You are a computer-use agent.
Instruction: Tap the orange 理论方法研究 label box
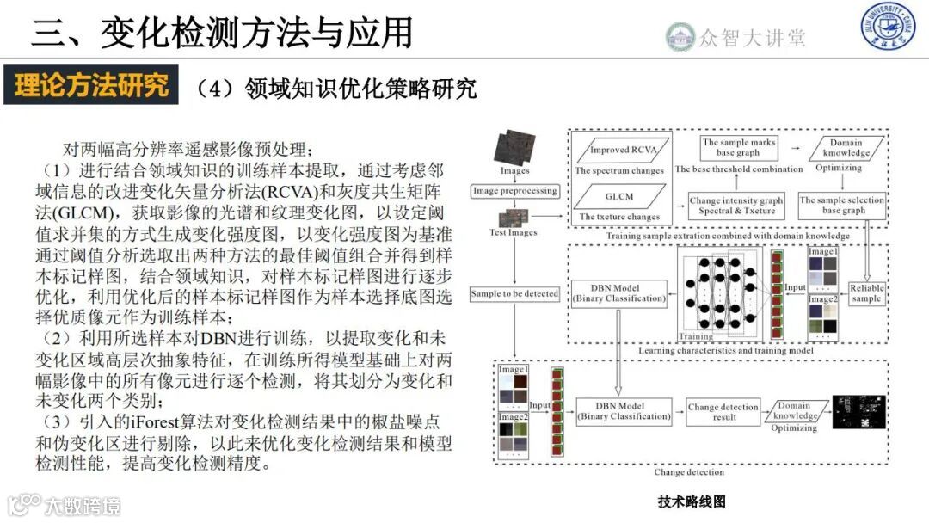90,85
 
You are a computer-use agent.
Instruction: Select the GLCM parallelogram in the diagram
618,196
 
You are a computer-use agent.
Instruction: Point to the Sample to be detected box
514,294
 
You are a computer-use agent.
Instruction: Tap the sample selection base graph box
843,205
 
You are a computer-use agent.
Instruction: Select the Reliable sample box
865,293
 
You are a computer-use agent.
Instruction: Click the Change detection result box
723,411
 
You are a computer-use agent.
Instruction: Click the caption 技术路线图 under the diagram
692,501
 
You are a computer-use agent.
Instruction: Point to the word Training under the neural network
697,336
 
